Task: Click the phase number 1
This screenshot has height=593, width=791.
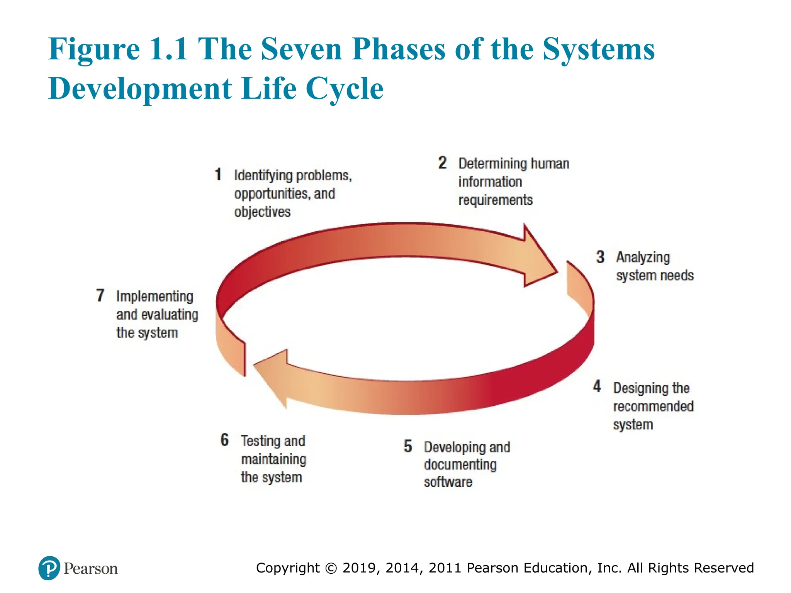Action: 218,175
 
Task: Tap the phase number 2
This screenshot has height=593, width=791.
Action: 443,163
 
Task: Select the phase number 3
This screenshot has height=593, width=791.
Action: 600,257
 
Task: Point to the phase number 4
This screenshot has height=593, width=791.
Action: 597,386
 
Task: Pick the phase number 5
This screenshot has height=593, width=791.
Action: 408,446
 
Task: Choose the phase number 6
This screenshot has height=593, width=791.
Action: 225,440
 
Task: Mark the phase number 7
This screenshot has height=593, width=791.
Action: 100,295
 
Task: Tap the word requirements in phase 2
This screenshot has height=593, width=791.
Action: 495,200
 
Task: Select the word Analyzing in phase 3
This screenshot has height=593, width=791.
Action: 643,258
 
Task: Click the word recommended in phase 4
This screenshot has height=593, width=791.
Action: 653,406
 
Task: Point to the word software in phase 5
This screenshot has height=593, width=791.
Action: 448,482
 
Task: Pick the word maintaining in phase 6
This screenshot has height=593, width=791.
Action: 273,459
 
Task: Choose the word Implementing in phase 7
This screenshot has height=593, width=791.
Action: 154,296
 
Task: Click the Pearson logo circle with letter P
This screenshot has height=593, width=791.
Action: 49,568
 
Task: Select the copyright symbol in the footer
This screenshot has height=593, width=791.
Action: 331,568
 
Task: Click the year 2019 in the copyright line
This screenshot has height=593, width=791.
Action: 359,568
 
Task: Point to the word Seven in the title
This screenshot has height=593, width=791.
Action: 301,49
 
